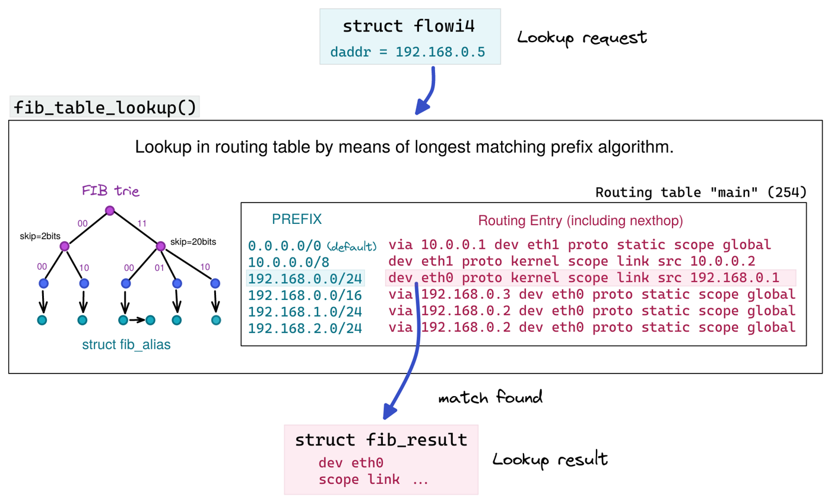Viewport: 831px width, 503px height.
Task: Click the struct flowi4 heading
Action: pyautogui.click(x=410, y=27)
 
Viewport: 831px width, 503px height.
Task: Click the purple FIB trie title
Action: pyautogui.click(x=110, y=191)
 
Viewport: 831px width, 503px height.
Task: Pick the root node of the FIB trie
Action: pyautogui.click(x=109, y=210)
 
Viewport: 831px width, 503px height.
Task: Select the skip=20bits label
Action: pyautogui.click(x=193, y=242)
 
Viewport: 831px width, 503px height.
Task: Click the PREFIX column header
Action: pyautogui.click(x=297, y=219)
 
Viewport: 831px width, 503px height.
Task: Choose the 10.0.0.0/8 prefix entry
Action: pyautogui.click(x=288, y=261)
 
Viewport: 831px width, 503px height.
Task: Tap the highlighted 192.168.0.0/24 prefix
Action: pyautogui.click(x=306, y=278)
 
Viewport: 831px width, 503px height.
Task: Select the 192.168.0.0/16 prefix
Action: pyautogui.click(x=306, y=295)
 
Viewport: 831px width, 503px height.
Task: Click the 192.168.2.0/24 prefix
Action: pyautogui.click(x=306, y=327)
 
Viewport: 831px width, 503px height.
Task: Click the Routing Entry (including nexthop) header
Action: pyautogui.click(x=581, y=221)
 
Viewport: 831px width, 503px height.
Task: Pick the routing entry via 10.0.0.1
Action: pyautogui.click(x=579, y=245)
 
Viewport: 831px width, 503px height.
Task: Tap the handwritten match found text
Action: pyautogui.click(x=490, y=397)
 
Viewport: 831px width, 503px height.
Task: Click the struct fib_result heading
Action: pyautogui.click(x=381, y=440)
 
